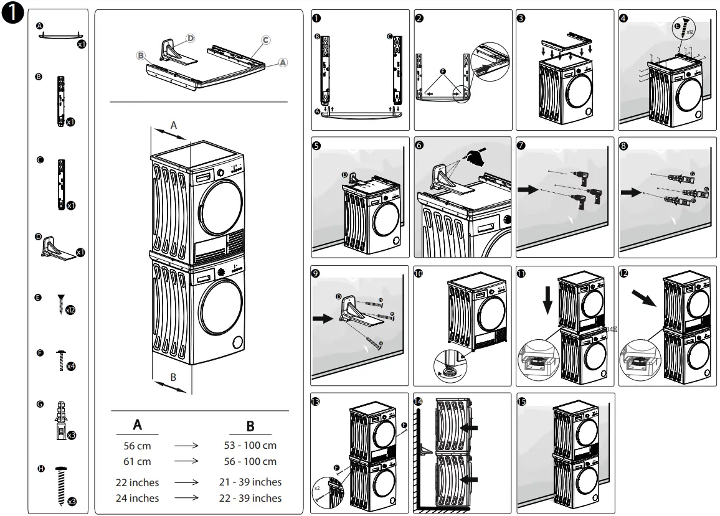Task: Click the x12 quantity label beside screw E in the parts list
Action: [70, 310]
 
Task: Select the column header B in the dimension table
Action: [250, 426]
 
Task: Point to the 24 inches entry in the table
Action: [137, 498]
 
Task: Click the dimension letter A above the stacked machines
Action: [174, 124]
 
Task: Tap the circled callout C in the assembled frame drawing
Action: [266, 40]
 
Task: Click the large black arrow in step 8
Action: [632, 193]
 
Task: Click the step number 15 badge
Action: [522, 402]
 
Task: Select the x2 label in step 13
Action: [317, 488]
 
